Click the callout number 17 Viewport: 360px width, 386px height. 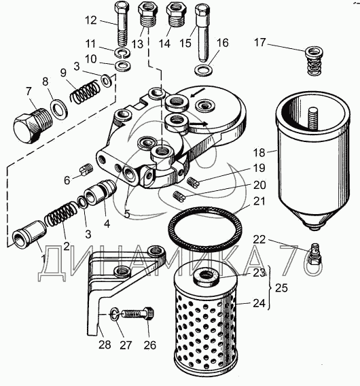coord(260,42)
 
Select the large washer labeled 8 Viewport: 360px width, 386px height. coord(59,107)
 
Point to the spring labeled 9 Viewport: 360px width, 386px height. coord(85,92)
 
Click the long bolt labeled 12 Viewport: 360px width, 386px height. coord(122,24)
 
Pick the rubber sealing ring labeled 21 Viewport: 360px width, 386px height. coord(204,228)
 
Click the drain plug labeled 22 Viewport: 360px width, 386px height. coord(316,253)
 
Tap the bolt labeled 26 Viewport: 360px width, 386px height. coord(138,314)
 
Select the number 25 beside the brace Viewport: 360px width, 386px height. coord(281,287)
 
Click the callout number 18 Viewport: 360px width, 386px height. coord(259,153)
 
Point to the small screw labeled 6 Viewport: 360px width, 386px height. coord(86,170)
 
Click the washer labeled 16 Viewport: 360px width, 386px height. coord(203,71)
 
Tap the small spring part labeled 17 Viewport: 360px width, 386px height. coord(314,60)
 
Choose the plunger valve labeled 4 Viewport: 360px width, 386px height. coord(100,192)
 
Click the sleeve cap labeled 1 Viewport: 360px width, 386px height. coord(29,234)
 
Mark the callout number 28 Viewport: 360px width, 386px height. coord(105,345)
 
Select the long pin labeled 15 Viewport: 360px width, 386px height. coord(203,33)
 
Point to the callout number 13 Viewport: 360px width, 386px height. coord(137,44)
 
